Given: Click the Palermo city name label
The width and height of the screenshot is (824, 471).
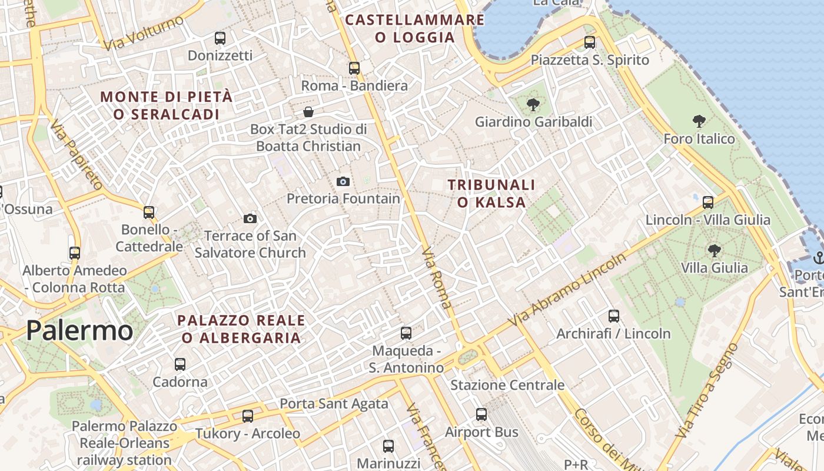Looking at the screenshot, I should [x=79, y=331].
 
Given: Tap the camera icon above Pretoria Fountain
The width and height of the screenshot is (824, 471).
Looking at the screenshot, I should [x=343, y=181].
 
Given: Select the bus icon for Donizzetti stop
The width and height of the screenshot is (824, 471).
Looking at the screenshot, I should [x=220, y=38].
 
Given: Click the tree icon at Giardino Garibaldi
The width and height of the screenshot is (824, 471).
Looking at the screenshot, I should [x=533, y=105].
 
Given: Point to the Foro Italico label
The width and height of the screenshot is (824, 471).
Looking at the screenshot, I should [x=699, y=139].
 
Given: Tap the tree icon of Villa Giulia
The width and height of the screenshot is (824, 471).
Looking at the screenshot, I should [x=714, y=251].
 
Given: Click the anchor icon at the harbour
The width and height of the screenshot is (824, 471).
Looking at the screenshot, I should [x=818, y=257].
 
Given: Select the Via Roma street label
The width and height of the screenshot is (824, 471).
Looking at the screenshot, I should [x=437, y=278].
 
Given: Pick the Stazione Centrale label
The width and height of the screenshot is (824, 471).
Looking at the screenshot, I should [x=507, y=385].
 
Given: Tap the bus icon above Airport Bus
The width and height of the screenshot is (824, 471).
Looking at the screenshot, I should [x=481, y=414].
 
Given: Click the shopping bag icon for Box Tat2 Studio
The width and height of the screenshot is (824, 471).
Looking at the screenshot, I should [x=308, y=112].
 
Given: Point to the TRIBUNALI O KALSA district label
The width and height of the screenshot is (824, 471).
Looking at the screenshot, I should [x=491, y=194].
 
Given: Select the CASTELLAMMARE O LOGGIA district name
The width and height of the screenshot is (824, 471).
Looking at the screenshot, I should [x=415, y=28].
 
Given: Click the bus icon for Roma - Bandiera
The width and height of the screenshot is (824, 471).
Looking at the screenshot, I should [x=354, y=68].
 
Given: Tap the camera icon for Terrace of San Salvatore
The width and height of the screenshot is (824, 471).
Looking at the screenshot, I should [x=250, y=219].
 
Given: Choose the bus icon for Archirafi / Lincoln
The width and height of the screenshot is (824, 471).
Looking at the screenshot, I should [x=613, y=316].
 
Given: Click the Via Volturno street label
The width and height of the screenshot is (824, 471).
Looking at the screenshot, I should [x=143, y=33].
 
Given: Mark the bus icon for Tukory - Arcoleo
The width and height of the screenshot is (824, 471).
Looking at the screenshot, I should [x=248, y=416].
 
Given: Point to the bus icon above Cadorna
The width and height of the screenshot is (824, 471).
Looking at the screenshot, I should [x=180, y=364].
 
